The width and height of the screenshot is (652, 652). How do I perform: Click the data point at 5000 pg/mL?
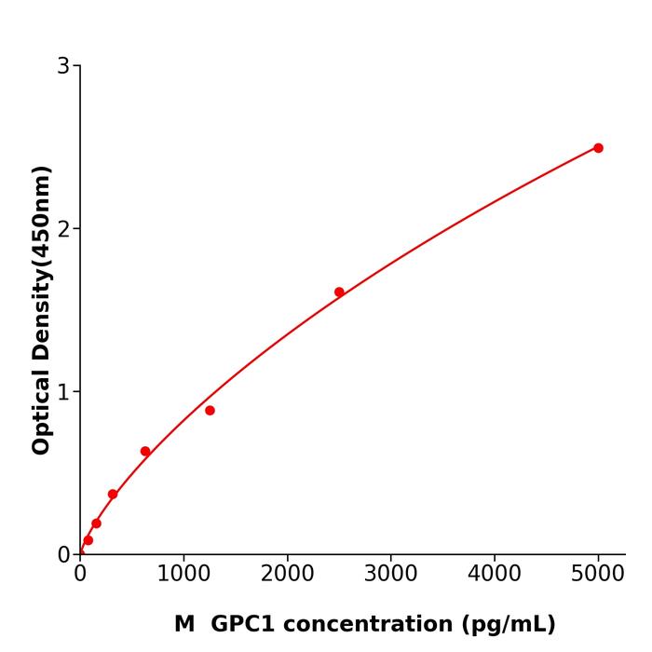pyautogui.click(x=598, y=148)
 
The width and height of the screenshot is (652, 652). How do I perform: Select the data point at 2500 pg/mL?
pyautogui.click(x=339, y=292)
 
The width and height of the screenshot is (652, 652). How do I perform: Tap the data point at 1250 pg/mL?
pyautogui.click(x=210, y=411)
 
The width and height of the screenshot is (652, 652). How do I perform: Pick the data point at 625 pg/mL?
pyautogui.click(x=145, y=452)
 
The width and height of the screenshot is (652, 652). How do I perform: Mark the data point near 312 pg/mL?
pyautogui.click(x=113, y=495)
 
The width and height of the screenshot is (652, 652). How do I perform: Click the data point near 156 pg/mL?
pyautogui.click(x=96, y=523)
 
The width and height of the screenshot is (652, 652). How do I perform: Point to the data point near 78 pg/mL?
pyautogui.click(x=88, y=540)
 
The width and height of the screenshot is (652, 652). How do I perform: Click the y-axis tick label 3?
pyautogui.click(x=63, y=66)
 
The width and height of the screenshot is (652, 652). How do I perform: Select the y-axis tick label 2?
pyautogui.click(x=63, y=229)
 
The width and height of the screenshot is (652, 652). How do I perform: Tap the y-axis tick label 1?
pyautogui.click(x=63, y=392)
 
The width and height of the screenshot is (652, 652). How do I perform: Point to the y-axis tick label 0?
pyautogui.click(x=63, y=555)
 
